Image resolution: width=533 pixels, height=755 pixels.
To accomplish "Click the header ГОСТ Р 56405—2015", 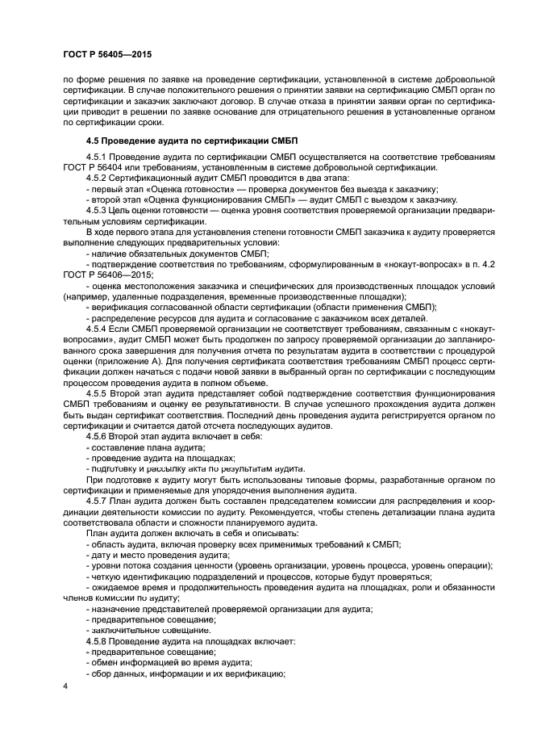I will click(106, 55).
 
